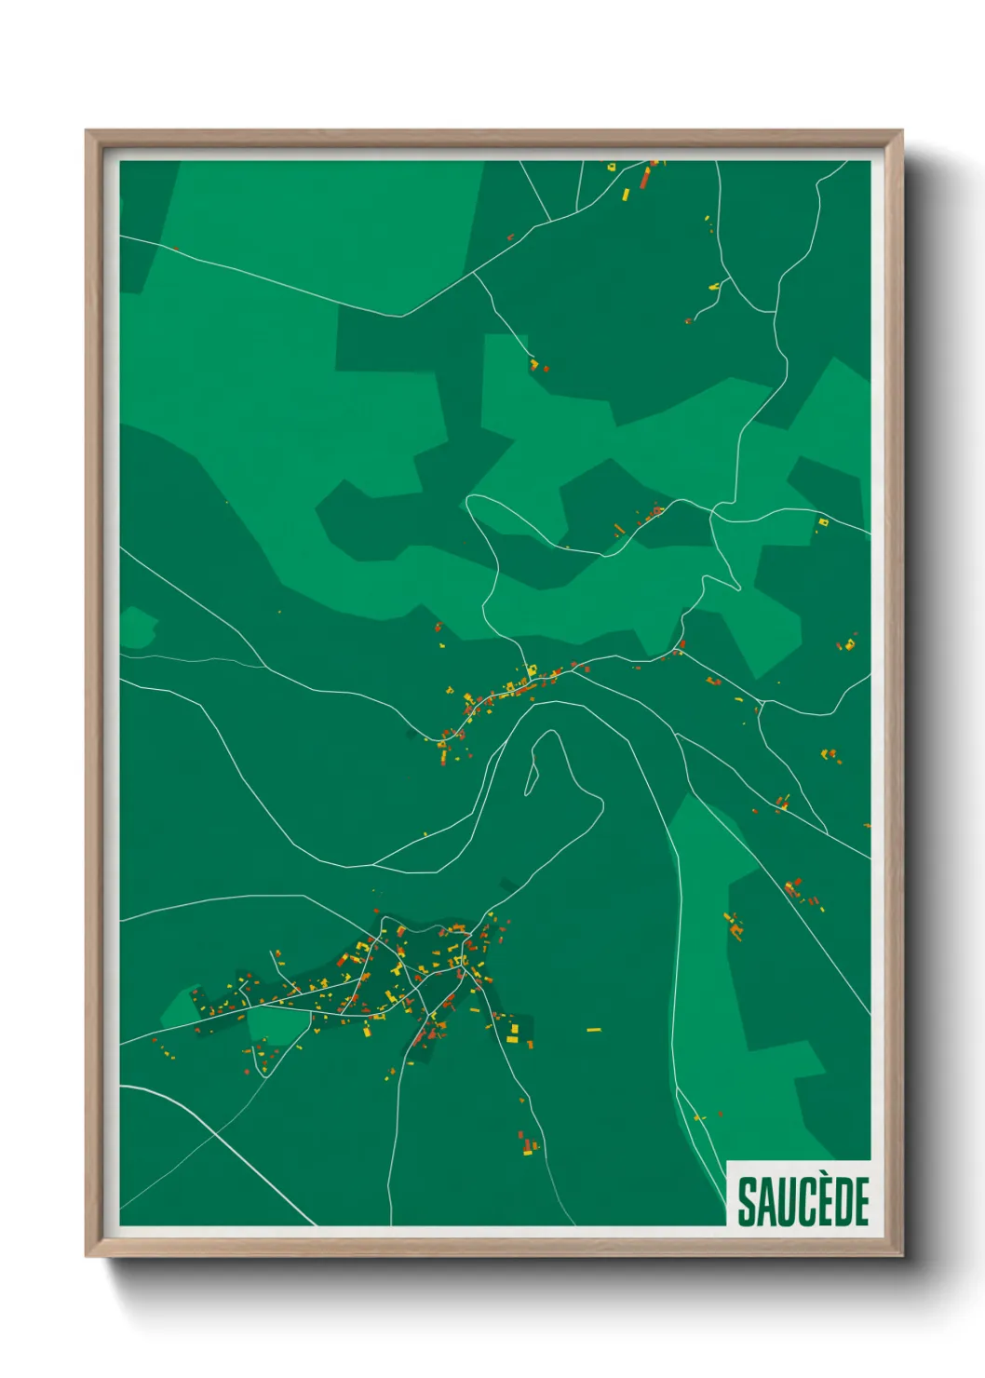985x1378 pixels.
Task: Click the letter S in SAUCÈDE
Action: tap(747, 1201)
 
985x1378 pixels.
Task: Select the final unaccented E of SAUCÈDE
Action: tap(861, 1201)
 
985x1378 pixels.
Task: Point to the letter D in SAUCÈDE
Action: tap(841, 1201)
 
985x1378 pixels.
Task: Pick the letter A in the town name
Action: tap(765, 1201)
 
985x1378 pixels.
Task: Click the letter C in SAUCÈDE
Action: tap(802, 1201)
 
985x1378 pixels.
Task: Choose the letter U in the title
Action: tap(784, 1201)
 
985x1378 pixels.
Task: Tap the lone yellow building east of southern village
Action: tap(593, 1030)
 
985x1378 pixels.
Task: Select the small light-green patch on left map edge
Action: tap(137, 628)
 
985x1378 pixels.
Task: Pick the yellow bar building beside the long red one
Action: tap(626, 195)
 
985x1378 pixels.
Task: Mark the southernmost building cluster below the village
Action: tap(528, 1142)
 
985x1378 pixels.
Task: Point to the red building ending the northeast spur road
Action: tap(689, 320)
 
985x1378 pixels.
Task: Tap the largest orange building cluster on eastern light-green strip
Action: tap(735, 925)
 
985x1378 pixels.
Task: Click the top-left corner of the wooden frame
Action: tap(87, 131)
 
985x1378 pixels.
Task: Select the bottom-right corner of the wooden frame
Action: tap(901, 1255)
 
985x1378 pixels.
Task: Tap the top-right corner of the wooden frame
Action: tap(901, 131)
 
